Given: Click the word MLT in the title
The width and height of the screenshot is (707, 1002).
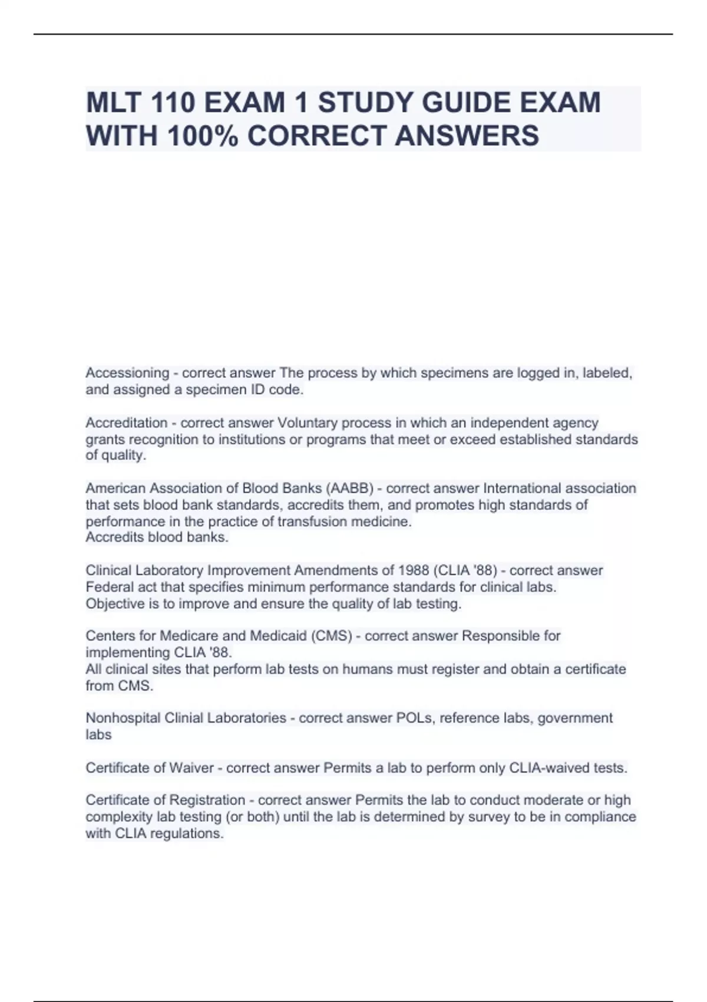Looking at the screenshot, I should tap(113, 103).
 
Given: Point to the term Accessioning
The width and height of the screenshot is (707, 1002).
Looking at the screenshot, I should tap(127, 373).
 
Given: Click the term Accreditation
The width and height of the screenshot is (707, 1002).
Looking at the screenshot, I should tap(127, 423).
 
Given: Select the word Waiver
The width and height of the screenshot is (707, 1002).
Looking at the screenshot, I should tap(191, 768).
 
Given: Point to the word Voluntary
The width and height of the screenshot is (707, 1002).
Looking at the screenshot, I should tap(305, 423).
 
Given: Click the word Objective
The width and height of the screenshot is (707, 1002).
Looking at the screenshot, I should tap(115, 604).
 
